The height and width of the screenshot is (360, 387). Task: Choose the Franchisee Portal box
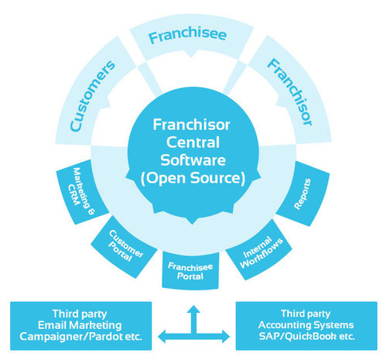point(192,269)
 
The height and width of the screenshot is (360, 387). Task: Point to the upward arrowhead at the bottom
point(193,308)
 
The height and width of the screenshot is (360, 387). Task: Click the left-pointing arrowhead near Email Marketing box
point(161,335)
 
